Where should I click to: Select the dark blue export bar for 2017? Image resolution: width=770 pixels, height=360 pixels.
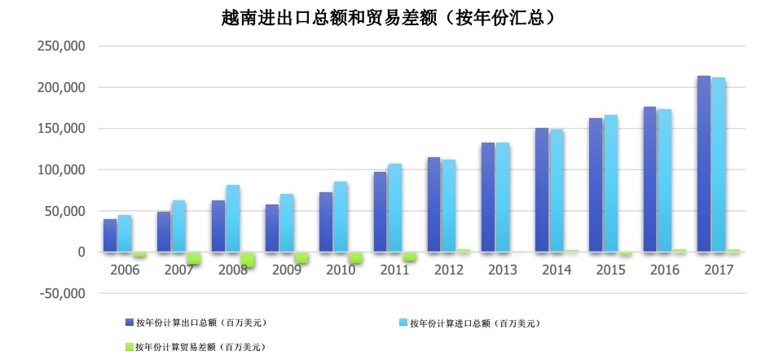(x=704, y=163)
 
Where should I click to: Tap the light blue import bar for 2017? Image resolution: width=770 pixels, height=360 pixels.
(x=719, y=164)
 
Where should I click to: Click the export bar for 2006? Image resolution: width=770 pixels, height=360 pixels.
(x=110, y=235)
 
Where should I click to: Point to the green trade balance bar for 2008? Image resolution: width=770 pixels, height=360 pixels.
(x=248, y=260)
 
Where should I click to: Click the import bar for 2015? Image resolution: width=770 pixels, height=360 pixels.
(x=610, y=183)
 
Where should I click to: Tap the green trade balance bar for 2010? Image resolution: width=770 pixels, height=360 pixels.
(x=355, y=258)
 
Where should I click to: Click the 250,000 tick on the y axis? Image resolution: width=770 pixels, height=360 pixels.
(x=62, y=46)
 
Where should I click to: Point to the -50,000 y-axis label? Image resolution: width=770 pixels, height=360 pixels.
(x=61, y=294)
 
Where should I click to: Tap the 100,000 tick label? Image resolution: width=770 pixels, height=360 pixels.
(x=62, y=170)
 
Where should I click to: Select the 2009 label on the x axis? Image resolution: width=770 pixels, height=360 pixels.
(x=287, y=270)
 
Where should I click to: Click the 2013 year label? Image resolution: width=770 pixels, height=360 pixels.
(x=503, y=270)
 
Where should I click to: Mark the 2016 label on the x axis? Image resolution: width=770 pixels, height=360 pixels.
(x=665, y=270)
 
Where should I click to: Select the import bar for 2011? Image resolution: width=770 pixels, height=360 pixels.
(x=394, y=208)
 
